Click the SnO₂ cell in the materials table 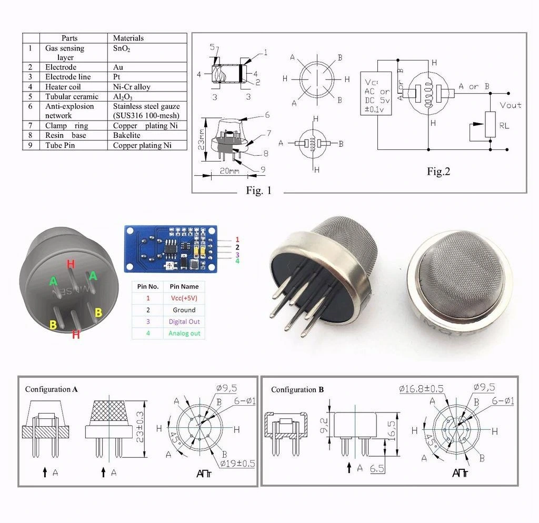(122, 48)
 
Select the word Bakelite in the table (127, 135)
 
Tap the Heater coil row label (63, 87)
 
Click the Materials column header (128, 38)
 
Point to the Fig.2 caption (438, 171)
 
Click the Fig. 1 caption (258, 190)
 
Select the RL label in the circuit (504, 126)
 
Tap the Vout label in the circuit (510, 105)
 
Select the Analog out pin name (184, 333)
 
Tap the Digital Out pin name (184, 321)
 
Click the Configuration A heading (52, 389)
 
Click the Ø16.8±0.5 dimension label (421, 388)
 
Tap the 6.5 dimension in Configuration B (377, 467)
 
